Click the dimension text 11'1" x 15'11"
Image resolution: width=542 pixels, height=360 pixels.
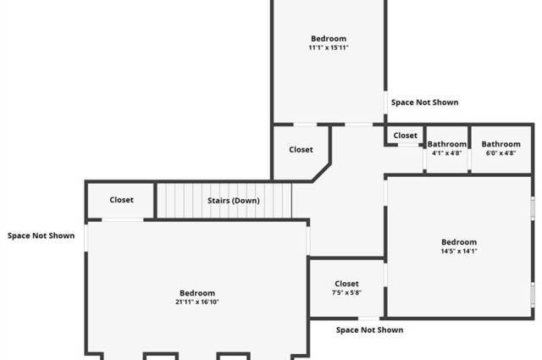[x=329, y=48]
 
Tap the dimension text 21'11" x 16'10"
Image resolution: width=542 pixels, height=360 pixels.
[x=197, y=302]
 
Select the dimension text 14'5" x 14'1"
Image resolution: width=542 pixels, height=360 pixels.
[x=459, y=251]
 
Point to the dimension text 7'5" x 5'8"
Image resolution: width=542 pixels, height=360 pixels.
[x=346, y=293]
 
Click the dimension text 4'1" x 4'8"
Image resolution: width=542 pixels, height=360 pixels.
[x=446, y=153]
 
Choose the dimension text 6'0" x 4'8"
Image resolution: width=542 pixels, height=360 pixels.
[x=501, y=153]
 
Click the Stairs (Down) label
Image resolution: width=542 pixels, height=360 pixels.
[x=234, y=201]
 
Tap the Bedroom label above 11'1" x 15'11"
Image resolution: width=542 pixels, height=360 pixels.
[x=329, y=38]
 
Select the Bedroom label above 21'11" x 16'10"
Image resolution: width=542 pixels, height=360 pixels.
[x=197, y=292]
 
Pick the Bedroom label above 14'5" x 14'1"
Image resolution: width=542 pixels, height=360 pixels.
[x=459, y=241]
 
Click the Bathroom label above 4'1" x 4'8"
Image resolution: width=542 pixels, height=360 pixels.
[x=446, y=144]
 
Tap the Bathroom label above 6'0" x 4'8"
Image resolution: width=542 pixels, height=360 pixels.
[x=501, y=144]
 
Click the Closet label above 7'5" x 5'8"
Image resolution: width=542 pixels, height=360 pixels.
[x=346, y=284]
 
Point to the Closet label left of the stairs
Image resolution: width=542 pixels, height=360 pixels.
[x=121, y=201]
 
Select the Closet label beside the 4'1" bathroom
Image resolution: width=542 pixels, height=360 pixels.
[x=405, y=136]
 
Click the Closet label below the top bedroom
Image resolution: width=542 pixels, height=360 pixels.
[x=301, y=150]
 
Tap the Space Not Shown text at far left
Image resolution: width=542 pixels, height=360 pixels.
[x=41, y=235]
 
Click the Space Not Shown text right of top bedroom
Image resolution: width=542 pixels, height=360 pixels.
[x=424, y=102]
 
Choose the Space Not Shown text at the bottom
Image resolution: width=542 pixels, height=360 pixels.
[x=369, y=330]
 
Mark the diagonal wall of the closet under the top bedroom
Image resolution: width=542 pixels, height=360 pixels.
[x=321, y=171]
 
